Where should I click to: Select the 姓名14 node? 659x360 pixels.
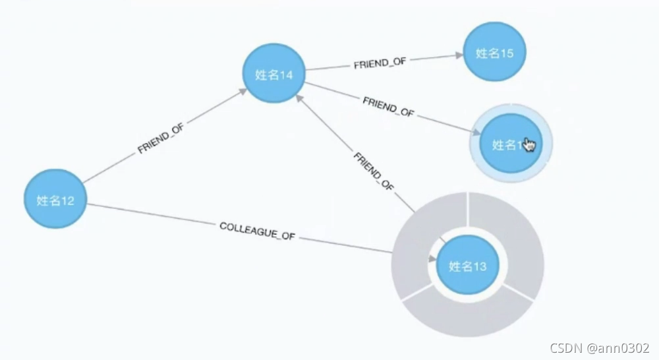[x=274, y=75]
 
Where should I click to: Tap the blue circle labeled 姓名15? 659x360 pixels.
[x=494, y=53]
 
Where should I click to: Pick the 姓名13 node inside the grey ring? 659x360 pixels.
[x=467, y=266]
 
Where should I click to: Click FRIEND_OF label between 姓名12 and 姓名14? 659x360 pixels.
[x=161, y=139]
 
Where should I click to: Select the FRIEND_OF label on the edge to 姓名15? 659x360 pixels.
[x=380, y=63]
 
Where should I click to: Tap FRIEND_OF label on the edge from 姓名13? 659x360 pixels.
[x=374, y=171]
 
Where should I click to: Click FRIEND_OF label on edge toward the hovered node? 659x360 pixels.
[x=388, y=107]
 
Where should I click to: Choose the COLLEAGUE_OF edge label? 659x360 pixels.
[x=257, y=231]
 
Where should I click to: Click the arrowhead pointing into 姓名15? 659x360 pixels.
[x=458, y=57]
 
